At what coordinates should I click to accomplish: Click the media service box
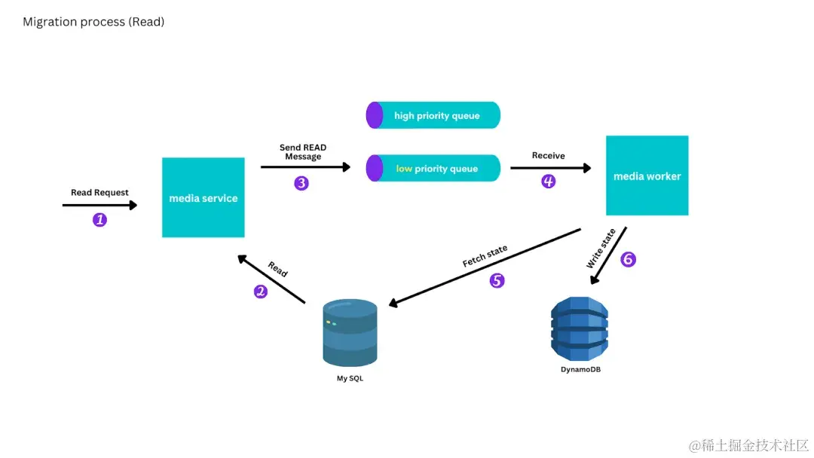203,197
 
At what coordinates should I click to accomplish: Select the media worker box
647,176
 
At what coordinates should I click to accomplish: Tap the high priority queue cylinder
433,115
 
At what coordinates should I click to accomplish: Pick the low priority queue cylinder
433,168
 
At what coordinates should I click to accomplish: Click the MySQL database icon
350,332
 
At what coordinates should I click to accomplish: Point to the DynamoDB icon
579,329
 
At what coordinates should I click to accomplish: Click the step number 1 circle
99,220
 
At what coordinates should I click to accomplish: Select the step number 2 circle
261,292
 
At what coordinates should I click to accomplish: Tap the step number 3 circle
301,183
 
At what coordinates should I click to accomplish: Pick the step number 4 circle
549,182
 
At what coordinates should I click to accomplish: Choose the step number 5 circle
497,281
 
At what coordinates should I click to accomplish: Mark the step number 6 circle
628,259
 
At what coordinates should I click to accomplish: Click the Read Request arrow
99,205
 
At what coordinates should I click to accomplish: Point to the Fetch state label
485,256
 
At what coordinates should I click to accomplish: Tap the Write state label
601,248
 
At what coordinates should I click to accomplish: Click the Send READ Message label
303,152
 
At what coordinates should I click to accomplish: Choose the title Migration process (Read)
93,22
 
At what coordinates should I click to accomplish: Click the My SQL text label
350,378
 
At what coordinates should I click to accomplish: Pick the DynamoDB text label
580,370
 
